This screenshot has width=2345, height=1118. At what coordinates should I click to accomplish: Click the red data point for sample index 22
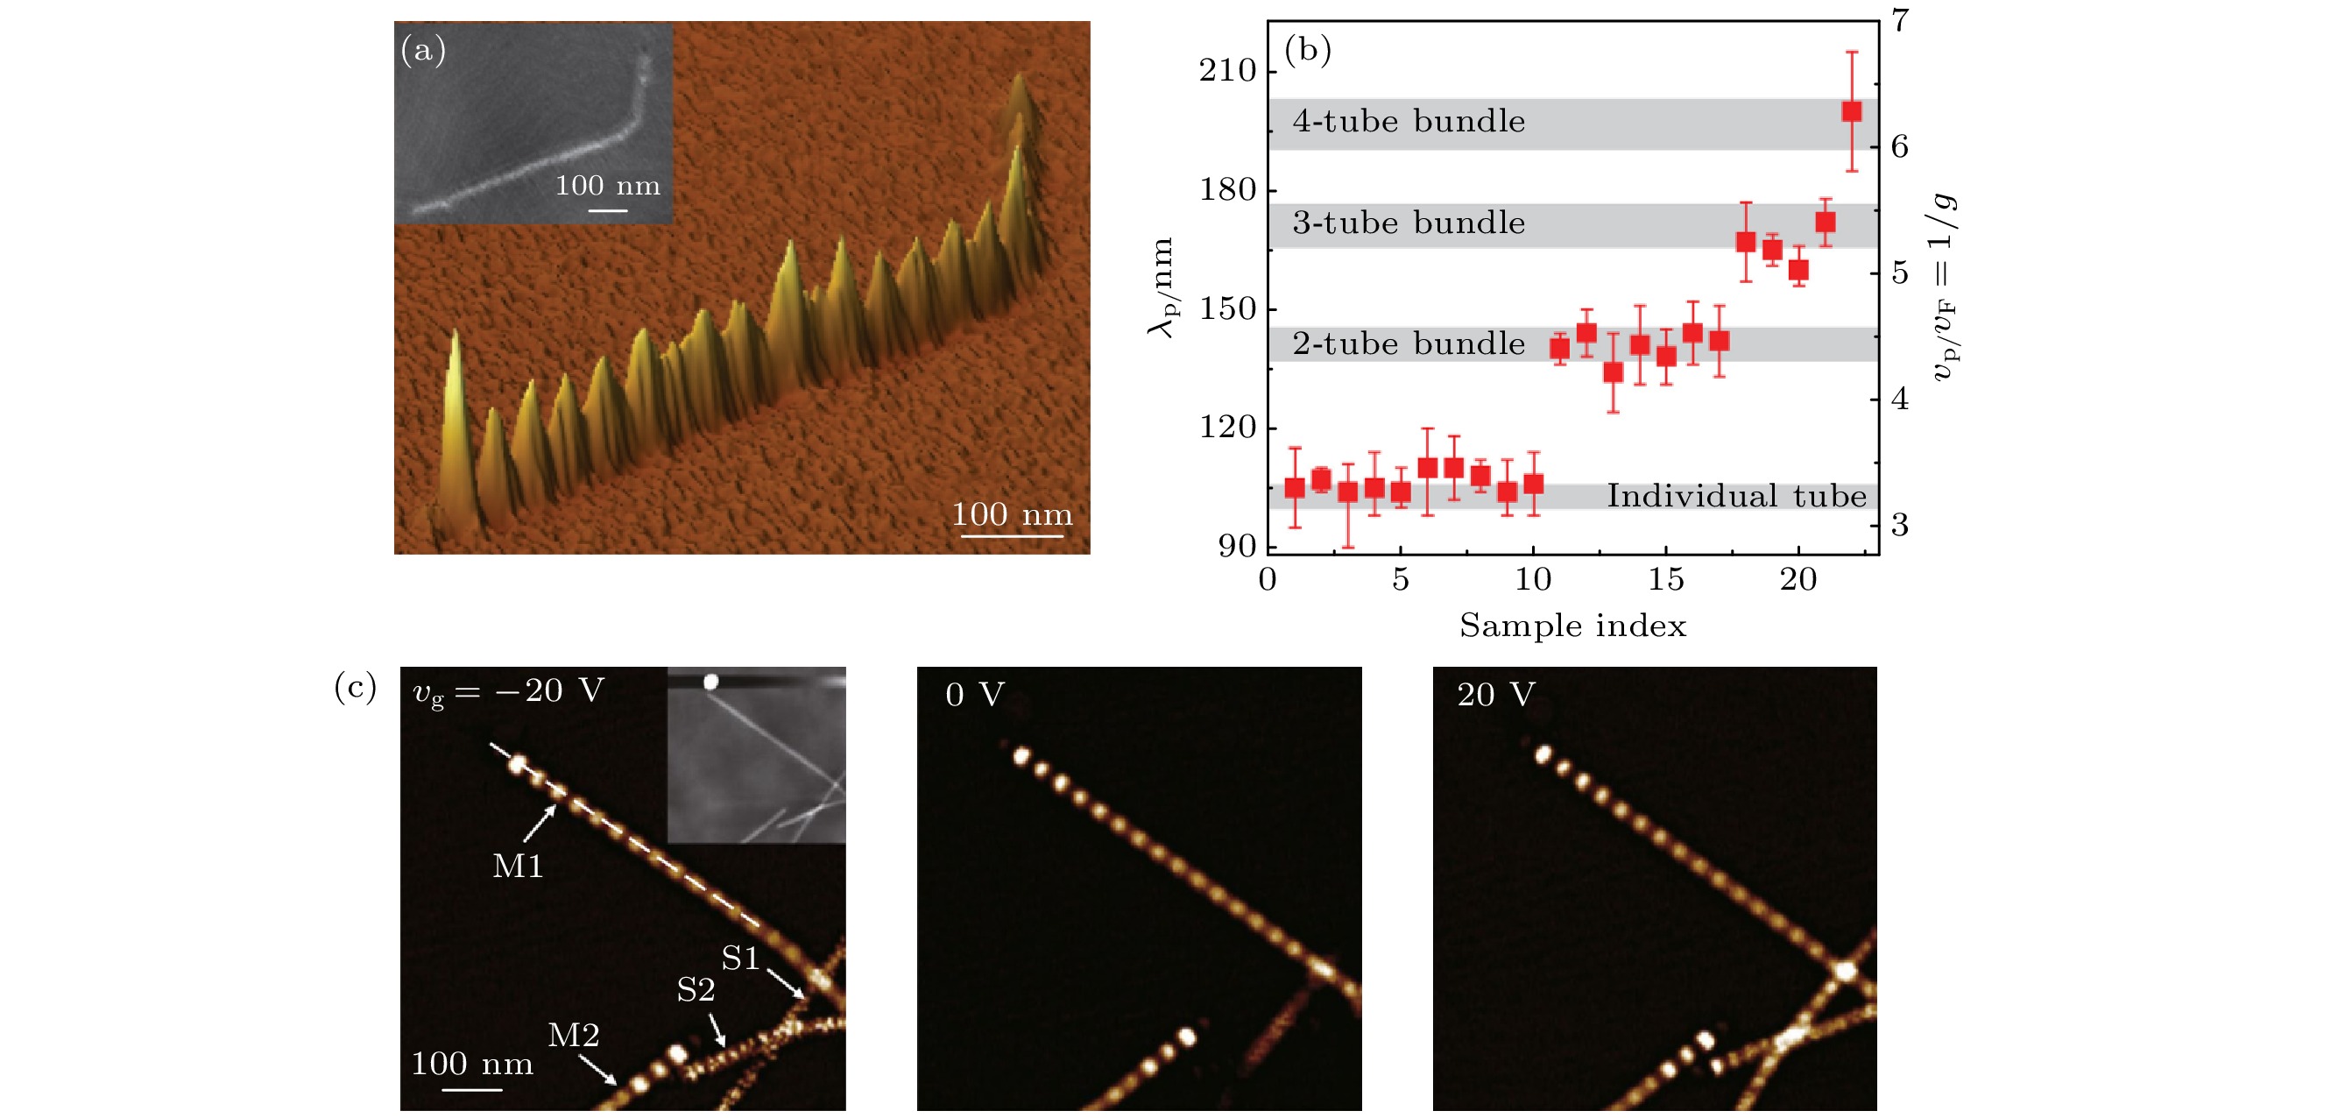point(1851,112)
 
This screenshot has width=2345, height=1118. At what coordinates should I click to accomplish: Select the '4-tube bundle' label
point(1408,121)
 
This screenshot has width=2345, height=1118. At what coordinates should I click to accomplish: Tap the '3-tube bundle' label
point(1408,223)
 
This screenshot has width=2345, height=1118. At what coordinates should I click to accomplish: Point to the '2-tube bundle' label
point(1408,344)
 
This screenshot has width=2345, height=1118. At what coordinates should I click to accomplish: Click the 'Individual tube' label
point(1735,496)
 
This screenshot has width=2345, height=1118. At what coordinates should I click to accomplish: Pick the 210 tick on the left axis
point(1227,70)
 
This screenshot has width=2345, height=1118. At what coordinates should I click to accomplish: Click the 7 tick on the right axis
point(1901,20)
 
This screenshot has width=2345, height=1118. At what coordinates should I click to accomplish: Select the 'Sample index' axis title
point(1572,626)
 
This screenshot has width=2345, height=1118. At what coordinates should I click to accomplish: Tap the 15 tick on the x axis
point(1665,580)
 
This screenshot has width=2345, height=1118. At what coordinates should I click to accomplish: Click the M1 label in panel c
point(517,866)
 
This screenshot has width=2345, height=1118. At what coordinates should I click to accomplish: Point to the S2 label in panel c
point(696,989)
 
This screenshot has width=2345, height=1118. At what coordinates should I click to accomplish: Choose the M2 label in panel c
point(574,1035)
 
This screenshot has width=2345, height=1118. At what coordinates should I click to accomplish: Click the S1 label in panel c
point(740,958)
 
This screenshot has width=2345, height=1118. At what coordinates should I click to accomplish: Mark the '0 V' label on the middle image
point(974,696)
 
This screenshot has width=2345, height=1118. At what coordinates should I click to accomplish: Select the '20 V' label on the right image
point(1494,696)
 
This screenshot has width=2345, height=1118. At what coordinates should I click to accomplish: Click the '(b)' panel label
point(1307,50)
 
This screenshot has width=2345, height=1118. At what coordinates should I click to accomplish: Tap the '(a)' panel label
point(423,50)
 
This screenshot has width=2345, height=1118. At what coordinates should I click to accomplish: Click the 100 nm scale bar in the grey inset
point(607,210)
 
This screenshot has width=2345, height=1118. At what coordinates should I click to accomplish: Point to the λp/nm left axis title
point(1162,287)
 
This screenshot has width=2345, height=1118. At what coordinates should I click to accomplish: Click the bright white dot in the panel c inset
point(711,681)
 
